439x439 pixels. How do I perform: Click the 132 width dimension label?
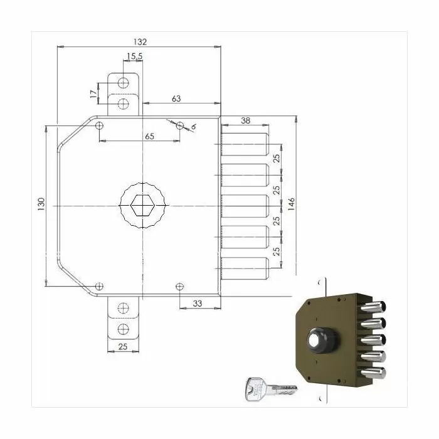pyautogui.click(x=139, y=41)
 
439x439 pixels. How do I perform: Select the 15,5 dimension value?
pyautogui.click(x=133, y=57)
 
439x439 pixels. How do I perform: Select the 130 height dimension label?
pyautogui.click(x=41, y=204)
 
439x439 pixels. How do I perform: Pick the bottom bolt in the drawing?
pyautogui.click(x=246, y=267)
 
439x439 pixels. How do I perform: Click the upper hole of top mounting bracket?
pyautogui.click(x=124, y=83)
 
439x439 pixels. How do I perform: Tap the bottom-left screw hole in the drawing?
pyautogui.click(x=99, y=287)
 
